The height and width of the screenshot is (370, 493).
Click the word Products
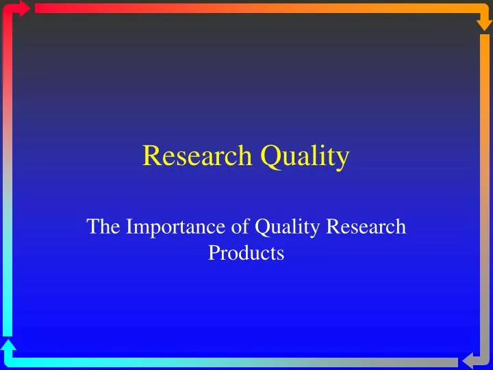246,254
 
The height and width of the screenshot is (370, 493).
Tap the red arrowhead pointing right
25,8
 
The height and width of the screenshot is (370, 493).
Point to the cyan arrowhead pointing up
8,346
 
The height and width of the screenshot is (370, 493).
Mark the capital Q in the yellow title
268,156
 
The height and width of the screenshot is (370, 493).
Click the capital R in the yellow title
151,156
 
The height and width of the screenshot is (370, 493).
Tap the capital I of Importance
129,227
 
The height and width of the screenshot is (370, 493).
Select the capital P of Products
213,254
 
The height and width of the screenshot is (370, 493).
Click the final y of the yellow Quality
343,160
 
